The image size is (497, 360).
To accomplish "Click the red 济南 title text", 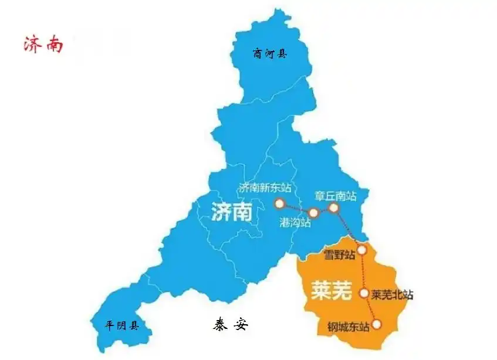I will click(x=43, y=45).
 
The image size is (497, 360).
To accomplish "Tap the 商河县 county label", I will click(x=270, y=54).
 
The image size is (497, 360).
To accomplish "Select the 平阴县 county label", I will click(x=121, y=325).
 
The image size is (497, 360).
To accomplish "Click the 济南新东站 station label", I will click(x=265, y=188).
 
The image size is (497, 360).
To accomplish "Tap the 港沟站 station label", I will click(x=295, y=223).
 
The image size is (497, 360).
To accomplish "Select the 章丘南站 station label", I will click(x=336, y=196).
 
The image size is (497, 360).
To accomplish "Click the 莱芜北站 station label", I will click(x=393, y=294).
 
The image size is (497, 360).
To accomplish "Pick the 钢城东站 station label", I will click(x=349, y=326).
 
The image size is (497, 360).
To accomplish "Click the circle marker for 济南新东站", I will click(x=279, y=203).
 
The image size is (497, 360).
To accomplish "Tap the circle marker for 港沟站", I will click(x=313, y=213).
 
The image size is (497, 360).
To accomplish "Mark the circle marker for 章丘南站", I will click(x=333, y=208).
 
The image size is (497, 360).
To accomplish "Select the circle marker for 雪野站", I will click(x=362, y=250).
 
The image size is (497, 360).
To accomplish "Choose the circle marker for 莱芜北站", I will click(x=364, y=293).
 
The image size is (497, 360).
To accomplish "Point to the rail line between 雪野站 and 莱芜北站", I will click(x=363, y=271).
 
